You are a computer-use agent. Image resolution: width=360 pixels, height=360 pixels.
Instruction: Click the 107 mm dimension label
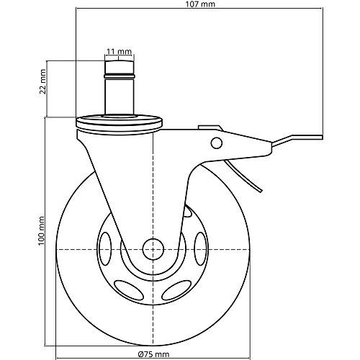199,6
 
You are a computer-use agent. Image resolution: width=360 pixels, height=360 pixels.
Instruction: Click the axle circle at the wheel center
153,248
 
